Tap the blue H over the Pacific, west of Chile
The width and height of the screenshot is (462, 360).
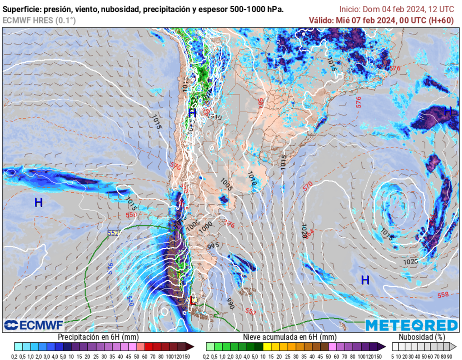coord(39,203)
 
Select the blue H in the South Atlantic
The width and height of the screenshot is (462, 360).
coord(365,280)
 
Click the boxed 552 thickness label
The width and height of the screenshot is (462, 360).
coord(113,233)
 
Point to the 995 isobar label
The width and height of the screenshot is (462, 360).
coord(213,246)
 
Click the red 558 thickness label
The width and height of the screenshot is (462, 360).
coord(443,295)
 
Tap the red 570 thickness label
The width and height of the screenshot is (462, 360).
coord(308,185)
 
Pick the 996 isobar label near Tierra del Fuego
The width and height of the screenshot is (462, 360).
coord(230,304)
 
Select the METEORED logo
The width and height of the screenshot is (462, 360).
coord(411,325)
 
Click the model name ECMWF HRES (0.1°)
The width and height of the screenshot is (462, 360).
coord(39,20)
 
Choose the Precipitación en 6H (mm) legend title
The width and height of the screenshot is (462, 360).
coord(98,337)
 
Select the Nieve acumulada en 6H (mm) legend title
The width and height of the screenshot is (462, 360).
coord(290,337)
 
